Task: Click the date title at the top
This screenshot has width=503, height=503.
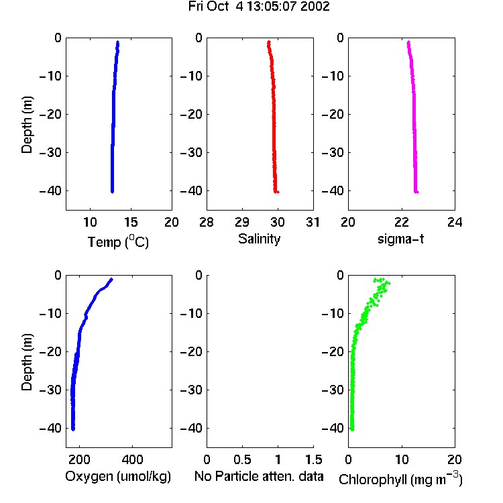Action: [x=259, y=6]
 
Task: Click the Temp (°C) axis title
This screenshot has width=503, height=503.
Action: [x=118, y=241]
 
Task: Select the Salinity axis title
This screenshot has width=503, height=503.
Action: [x=259, y=239]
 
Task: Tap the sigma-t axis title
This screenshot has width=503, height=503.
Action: [x=400, y=239]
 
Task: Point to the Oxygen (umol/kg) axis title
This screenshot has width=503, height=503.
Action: [x=118, y=476]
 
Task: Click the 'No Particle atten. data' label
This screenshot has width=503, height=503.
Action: [x=259, y=476]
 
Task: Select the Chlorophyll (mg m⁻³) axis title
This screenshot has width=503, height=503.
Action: [x=400, y=479]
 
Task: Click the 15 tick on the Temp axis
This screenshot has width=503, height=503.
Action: [x=131, y=222]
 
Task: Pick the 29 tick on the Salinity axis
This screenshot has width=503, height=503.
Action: [x=242, y=222]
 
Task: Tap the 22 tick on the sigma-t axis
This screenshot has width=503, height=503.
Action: [x=402, y=222]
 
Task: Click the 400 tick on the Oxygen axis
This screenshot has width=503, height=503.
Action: [x=133, y=459]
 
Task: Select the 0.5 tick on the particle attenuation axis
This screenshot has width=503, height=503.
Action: [x=242, y=459]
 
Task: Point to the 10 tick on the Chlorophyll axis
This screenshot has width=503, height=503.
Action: [x=402, y=459]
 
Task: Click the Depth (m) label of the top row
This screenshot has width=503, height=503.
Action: [x=27, y=125]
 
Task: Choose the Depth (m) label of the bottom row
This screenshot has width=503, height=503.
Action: [x=27, y=362]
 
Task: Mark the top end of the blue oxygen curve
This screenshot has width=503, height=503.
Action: [x=111, y=280]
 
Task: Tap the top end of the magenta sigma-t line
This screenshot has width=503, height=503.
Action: [x=408, y=42]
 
